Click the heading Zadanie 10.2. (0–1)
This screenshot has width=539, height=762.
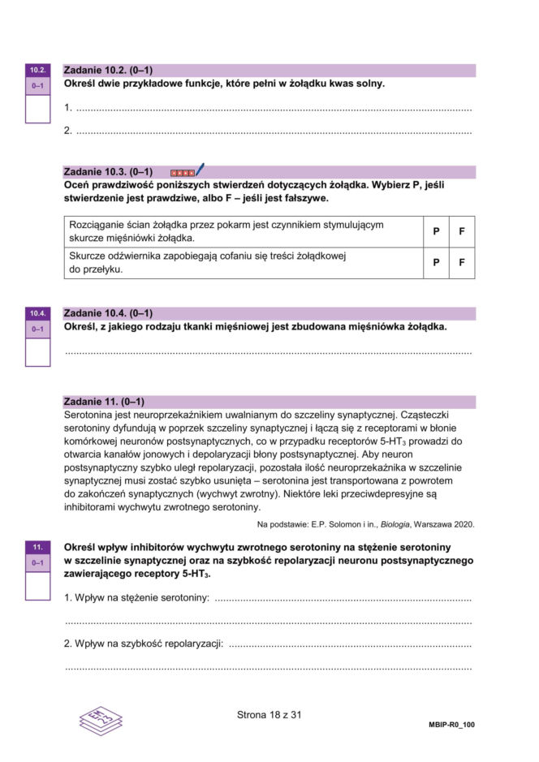click(x=108, y=71)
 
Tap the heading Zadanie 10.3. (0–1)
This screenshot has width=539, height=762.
click(x=108, y=171)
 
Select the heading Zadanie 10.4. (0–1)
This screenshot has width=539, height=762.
click(x=108, y=313)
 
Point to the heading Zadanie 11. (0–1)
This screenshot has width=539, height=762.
click(x=103, y=402)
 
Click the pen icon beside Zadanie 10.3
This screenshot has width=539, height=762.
click(x=200, y=170)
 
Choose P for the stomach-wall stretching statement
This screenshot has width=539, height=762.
click(x=436, y=231)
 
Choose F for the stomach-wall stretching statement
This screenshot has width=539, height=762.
click(x=461, y=231)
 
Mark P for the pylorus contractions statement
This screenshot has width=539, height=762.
click(x=436, y=263)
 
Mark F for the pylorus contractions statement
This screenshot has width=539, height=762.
click(x=461, y=263)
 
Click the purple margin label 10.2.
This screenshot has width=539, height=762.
click(x=37, y=71)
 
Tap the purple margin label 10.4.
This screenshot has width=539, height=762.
click(x=37, y=313)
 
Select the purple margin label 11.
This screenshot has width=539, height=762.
click(x=37, y=547)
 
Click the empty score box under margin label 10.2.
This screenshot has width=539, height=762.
click(x=37, y=108)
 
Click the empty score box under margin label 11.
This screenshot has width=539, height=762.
click(x=37, y=584)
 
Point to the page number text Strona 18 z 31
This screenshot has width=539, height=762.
click(x=269, y=715)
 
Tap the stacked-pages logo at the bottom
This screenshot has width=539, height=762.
click(x=101, y=719)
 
